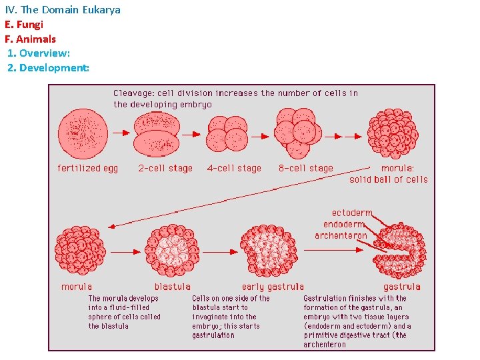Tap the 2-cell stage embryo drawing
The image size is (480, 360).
point(157,134)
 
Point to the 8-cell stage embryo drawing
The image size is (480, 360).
point(297,132)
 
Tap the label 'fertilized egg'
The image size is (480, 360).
point(88,169)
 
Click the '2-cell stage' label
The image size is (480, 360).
point(165,169)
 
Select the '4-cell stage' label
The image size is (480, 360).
point(234,169)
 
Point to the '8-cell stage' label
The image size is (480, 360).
point(305,169)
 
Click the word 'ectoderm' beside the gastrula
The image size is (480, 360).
point(352,214)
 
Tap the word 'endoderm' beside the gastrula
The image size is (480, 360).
point(345,225)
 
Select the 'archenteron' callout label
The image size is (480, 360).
point(341,235)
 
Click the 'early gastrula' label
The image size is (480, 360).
point(273,287)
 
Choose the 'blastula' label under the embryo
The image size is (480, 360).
point(173,287)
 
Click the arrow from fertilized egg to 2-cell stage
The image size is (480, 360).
point(121,133)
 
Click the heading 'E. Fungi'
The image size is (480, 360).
point(23,25)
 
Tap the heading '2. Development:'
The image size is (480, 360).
point(48,68)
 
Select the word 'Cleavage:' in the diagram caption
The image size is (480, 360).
point(133,93)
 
